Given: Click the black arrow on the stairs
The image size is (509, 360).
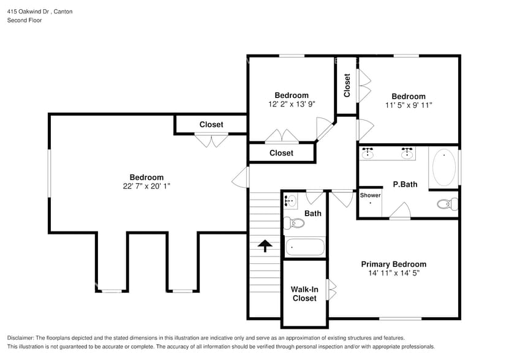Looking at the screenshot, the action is click(x=265, y=246).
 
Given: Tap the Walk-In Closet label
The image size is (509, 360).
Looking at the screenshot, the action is click(x=304, y=294).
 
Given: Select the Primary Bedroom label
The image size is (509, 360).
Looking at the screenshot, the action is click(x=393, y=264).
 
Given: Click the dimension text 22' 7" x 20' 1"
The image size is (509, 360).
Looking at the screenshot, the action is click(x=146, y=186).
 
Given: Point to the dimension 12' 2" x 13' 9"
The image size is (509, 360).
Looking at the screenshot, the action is click(x=292, y=104).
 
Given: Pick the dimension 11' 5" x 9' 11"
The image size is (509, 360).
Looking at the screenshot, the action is click(x=409, y=105).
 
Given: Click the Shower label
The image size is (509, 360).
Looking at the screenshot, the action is click(x=370, y=195).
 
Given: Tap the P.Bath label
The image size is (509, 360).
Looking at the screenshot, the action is click(x=405, y=184).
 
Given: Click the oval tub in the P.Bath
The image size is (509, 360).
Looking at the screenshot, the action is click(x=443, y=167).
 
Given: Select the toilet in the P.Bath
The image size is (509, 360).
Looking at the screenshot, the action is click(x=447, y=204).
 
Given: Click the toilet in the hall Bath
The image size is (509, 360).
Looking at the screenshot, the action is click(x=294, y=223).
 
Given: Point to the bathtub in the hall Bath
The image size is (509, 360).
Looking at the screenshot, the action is click(x=304, y=247).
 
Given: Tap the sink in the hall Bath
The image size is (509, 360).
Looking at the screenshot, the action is click(x=290, y=201).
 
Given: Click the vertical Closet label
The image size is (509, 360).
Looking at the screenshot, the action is click(x=347, y=85).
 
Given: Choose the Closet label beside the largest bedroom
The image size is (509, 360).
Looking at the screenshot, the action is click(x=211, y=124).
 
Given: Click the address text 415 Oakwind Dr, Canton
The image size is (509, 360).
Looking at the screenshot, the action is click(x=40, y=12).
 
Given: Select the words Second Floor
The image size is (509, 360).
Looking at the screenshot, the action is click(x=25, y=20).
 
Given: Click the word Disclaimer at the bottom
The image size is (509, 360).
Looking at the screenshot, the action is click(x=20, y=338).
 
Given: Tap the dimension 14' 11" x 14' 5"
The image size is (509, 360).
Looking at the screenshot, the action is click(x=393, y=273).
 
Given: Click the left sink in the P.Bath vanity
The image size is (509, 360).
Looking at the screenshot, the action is click(x=368, y=153).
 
